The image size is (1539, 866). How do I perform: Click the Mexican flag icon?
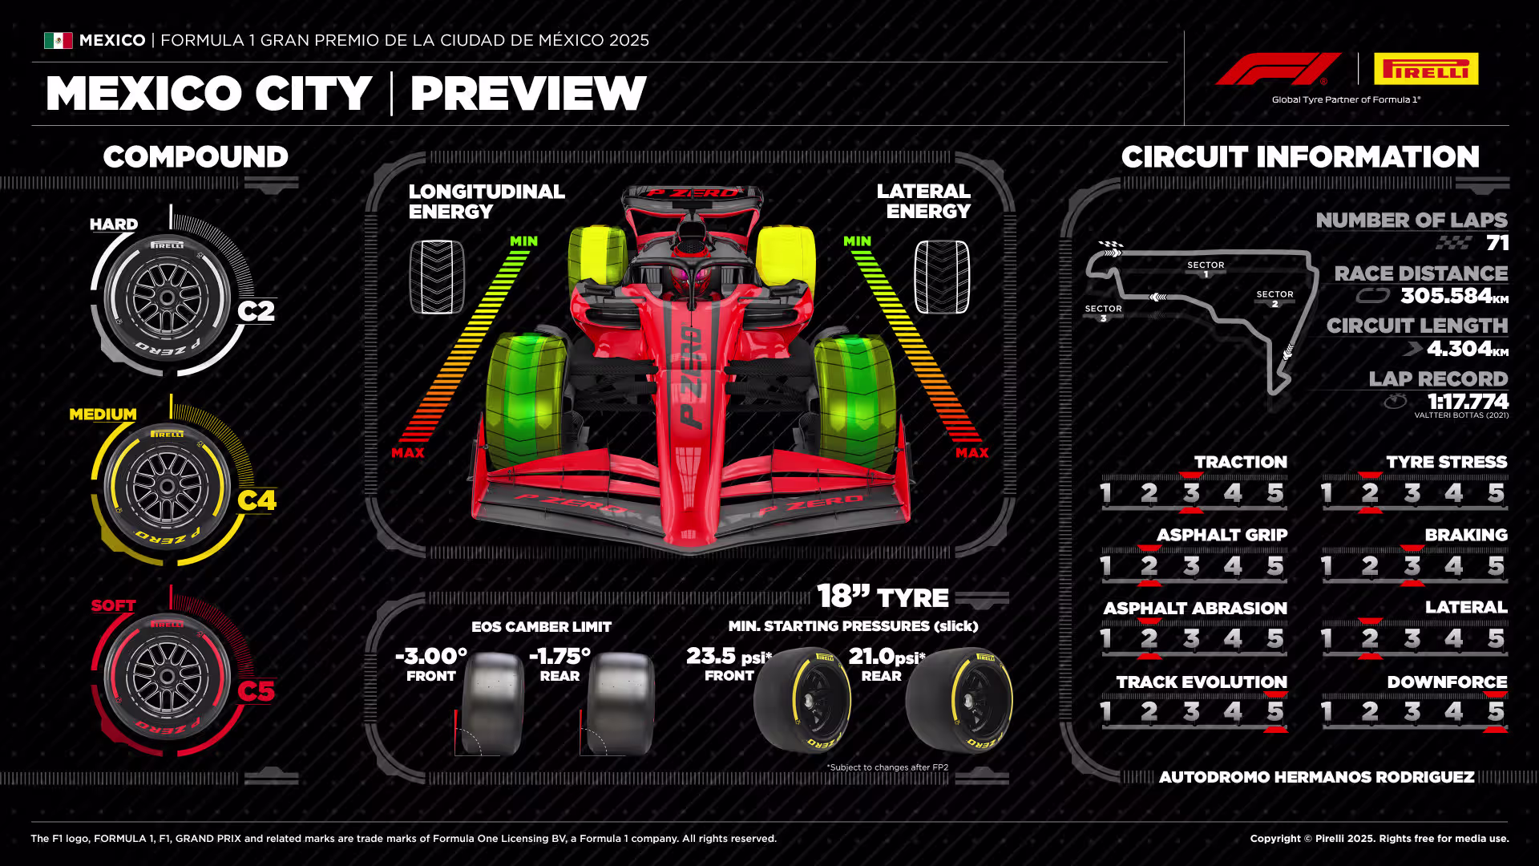click(x=58, y=40)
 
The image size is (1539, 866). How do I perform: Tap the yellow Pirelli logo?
click(x=1426, y=69)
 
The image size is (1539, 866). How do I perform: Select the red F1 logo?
click(x=1278, y=69)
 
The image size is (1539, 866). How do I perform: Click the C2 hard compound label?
click(x=256, y=310)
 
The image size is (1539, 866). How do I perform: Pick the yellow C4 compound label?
click(x=256, y=500)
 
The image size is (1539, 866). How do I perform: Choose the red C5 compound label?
click(x=256, y=691)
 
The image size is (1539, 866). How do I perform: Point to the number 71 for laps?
click(x=1497, y=242)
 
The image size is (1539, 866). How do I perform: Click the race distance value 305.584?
click(x=1446, y=295)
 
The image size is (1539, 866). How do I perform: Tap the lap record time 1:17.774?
click(x=1468, y=401)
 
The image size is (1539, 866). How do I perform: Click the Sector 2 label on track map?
click(x=1274, y=298)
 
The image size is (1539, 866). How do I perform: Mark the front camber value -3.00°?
click(x=431, y=656)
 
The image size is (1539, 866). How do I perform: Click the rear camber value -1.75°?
click(x=559, y=656)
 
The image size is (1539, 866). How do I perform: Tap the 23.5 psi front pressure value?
click(x=729, y=656)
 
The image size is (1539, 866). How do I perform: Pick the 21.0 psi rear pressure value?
click(x=887, y=656)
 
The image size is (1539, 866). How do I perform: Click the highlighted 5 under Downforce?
click(x=1496, y=711)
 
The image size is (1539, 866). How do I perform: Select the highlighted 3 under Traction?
click(x=1191, y=492)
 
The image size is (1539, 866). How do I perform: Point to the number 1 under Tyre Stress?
click(x=1327, y=492)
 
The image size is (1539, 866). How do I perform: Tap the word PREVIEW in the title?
click(x=528, y=93)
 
